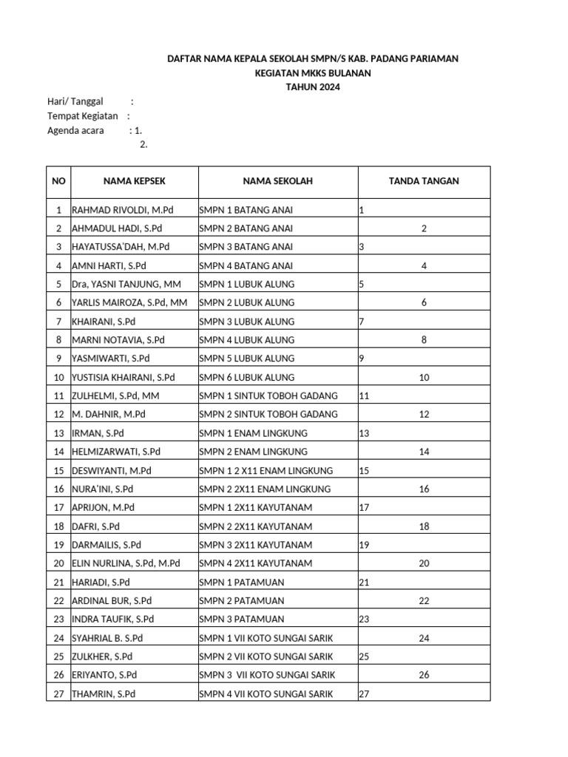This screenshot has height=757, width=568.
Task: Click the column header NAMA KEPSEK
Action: pos(134,181)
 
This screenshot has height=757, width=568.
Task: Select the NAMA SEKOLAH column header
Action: pos(277,181)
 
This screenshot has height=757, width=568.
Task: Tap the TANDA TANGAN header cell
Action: pos(424,181)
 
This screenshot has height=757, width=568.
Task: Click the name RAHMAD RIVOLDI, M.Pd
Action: pos(123,210)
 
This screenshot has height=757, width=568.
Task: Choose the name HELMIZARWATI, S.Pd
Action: pos(116,451)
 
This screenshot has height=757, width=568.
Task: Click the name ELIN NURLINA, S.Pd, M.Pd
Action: pos(126,563)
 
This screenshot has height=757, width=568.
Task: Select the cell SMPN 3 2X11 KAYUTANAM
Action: pos(256,545)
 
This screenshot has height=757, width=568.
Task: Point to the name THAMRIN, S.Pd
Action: pos(104,693)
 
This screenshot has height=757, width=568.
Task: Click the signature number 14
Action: pos(424,451)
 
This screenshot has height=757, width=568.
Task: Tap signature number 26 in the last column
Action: pos(424,674)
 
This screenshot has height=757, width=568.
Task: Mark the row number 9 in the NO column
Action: pos(58,359)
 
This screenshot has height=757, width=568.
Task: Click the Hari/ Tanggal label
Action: pos(75,102)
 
